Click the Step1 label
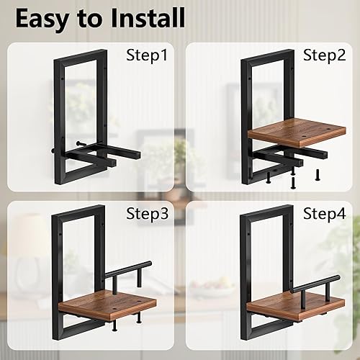[148, 55]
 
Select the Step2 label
[324, 55]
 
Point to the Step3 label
[147, 214]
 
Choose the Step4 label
[324, 214]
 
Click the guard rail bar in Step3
[126, 268]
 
